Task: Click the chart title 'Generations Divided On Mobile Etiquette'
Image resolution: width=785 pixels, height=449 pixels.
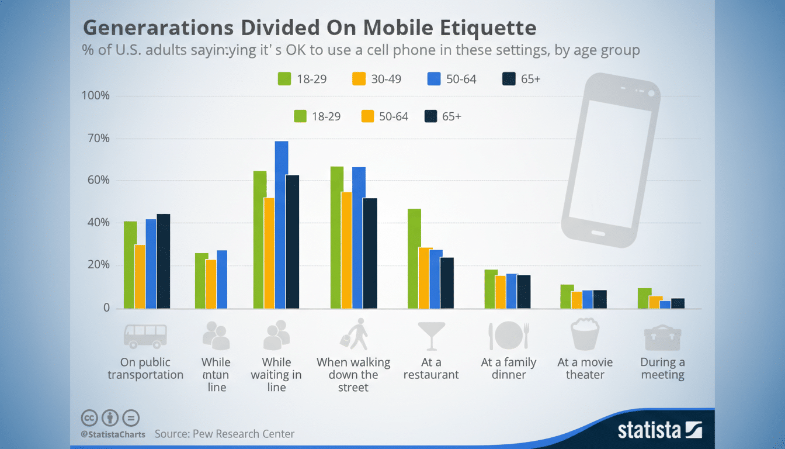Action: pos(310,28)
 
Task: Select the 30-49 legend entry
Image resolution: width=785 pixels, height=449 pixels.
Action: pos(377,79)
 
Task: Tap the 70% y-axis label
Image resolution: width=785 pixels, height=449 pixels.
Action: pos(97,139)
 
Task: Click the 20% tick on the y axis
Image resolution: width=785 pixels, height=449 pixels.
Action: pos(97,265)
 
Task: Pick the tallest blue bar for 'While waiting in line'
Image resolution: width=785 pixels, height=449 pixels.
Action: pos(282,224)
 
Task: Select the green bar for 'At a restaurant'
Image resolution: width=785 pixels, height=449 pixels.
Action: pos(414,258)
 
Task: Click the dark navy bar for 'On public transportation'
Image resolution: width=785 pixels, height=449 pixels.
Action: pos(163,261)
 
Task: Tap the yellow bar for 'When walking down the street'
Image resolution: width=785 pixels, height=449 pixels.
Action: pos(346,250)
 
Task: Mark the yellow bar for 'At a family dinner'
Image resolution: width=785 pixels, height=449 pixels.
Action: pos(500,291)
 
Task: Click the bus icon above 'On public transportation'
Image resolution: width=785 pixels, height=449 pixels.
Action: pos(145,336)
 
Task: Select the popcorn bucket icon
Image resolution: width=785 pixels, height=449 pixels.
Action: pos(585,335)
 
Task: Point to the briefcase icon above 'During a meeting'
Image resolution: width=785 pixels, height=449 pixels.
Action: pos(662,337)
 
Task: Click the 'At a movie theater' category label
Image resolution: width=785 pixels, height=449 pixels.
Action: pos(585,368)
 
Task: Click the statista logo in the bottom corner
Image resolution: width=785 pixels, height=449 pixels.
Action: pos(659,430)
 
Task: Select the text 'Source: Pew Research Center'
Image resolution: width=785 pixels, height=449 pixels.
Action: pos(224,434)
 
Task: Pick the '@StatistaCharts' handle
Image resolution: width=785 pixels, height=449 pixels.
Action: pos(113,434)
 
